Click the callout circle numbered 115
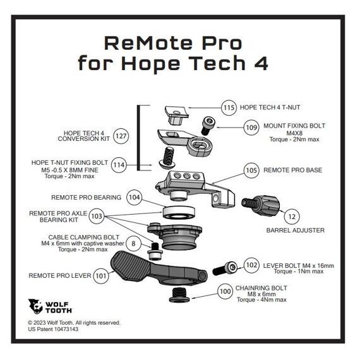pyautogui.click(x=229, y=107)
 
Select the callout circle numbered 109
pyautogui.click(x=251, y=128)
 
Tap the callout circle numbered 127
pyautogui.click(x=121, y=136)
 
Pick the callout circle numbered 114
pyautogui.click(x=118, y=165)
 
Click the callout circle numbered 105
pyautogui.click(x=251, y=170)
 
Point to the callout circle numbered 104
pyautogui.click(x=134, y=197)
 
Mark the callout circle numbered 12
pyautogui.click(x=291, y=217)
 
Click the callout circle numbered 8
pyautogui.click(x=133, y=243)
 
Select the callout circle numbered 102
pyautogui.click(x=251, y=265)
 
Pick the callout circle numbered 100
pyautogui.click(x=225, y=292)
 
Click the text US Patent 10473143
pyautogui.click(x=53, y=329)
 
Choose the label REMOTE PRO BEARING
pyautogui.click(x=86, y=197)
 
